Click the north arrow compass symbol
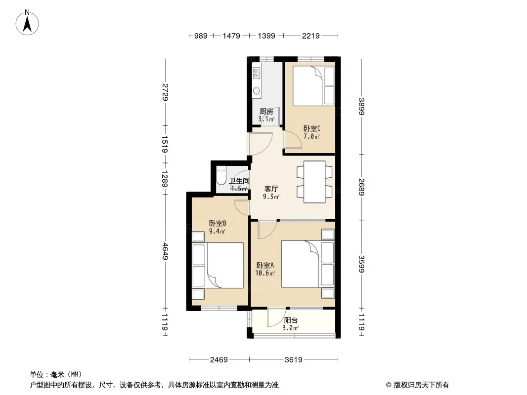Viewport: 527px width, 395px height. [x=27, y=23]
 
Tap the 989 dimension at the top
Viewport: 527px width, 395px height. [x=201, y=36]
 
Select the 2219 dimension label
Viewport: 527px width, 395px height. [x=310, y=36]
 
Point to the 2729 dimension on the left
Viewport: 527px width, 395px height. [x=165, y=92]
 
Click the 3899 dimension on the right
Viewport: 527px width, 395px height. [x=362, y=106]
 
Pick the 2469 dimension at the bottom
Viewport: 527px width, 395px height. [x=219, y=360]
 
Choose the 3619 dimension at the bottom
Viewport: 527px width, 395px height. [x=294, y=360]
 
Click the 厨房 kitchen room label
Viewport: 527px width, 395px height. [x=266, y=112]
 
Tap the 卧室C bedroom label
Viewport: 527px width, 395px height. [x=312, y=128]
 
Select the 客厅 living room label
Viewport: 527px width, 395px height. [x=271, y=189]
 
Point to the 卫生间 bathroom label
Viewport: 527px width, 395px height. [x=239, y=181]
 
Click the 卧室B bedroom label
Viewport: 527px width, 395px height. [x=218, y=223]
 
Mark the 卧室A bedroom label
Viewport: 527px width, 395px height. [x=265, y=265]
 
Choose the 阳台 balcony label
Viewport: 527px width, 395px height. [x=291, y=320]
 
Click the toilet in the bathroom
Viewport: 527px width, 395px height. [x=221, y=177]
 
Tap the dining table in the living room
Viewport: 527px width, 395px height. [x=314, y=182]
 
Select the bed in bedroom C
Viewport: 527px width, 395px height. [x=313, y=86]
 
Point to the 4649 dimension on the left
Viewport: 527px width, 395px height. [x=165, y=251]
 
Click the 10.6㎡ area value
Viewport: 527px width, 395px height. [x=265, y=273]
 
